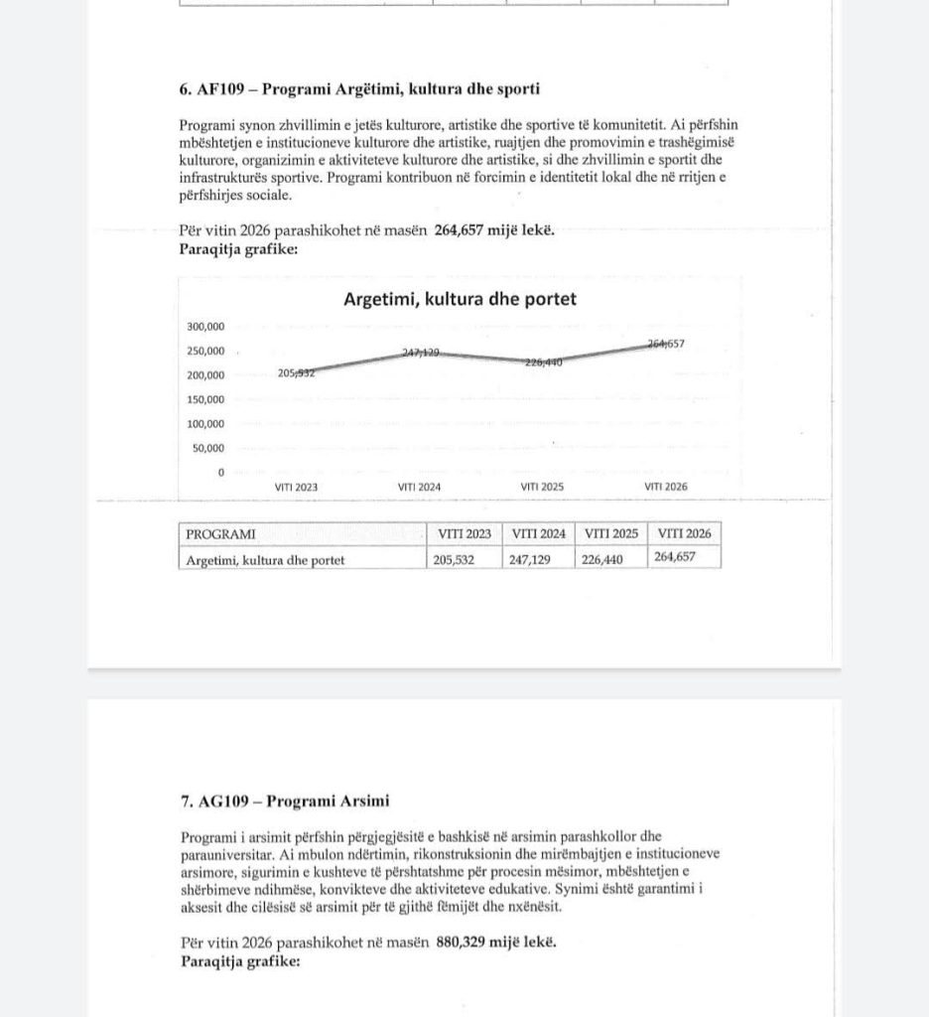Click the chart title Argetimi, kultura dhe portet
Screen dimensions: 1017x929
point(460,298)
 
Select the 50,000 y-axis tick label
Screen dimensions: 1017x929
point(208,448)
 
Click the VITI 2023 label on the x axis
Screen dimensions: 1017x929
point(297,487)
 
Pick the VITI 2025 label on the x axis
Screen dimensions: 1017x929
point(542,487)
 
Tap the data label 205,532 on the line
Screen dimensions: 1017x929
point(297,373)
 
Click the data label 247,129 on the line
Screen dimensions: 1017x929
point(420,353)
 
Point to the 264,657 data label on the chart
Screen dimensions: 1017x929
point(666,345)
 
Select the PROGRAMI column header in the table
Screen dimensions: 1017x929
point(214,534)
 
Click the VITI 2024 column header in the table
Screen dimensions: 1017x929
point(538,534)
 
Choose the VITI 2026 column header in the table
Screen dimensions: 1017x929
point(684,534)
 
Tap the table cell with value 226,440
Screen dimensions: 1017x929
point(610,559)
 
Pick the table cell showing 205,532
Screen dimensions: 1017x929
point(463,559)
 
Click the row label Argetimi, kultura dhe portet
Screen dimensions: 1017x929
point(265,560)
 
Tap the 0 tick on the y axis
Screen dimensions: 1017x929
point(221,472)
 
